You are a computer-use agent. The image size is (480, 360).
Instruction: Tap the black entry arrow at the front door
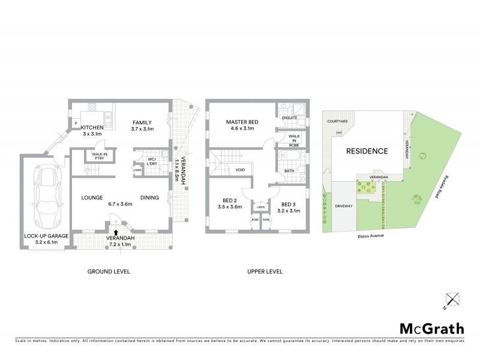coord(115,231)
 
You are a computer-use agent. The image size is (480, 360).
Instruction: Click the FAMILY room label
coord(142,122)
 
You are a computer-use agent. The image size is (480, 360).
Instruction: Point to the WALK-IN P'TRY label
coord(99,155)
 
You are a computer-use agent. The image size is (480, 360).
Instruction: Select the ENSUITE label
coord(289,118)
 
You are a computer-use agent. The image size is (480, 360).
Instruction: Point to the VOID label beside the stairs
coord(240,170)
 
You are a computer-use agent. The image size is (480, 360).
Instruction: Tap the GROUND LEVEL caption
coord(109,272)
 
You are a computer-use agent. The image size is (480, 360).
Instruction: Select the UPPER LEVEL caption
coord(265,272)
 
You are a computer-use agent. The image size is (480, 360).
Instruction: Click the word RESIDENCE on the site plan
coord(365,151)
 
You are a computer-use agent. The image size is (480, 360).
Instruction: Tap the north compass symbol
coord(452,299)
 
